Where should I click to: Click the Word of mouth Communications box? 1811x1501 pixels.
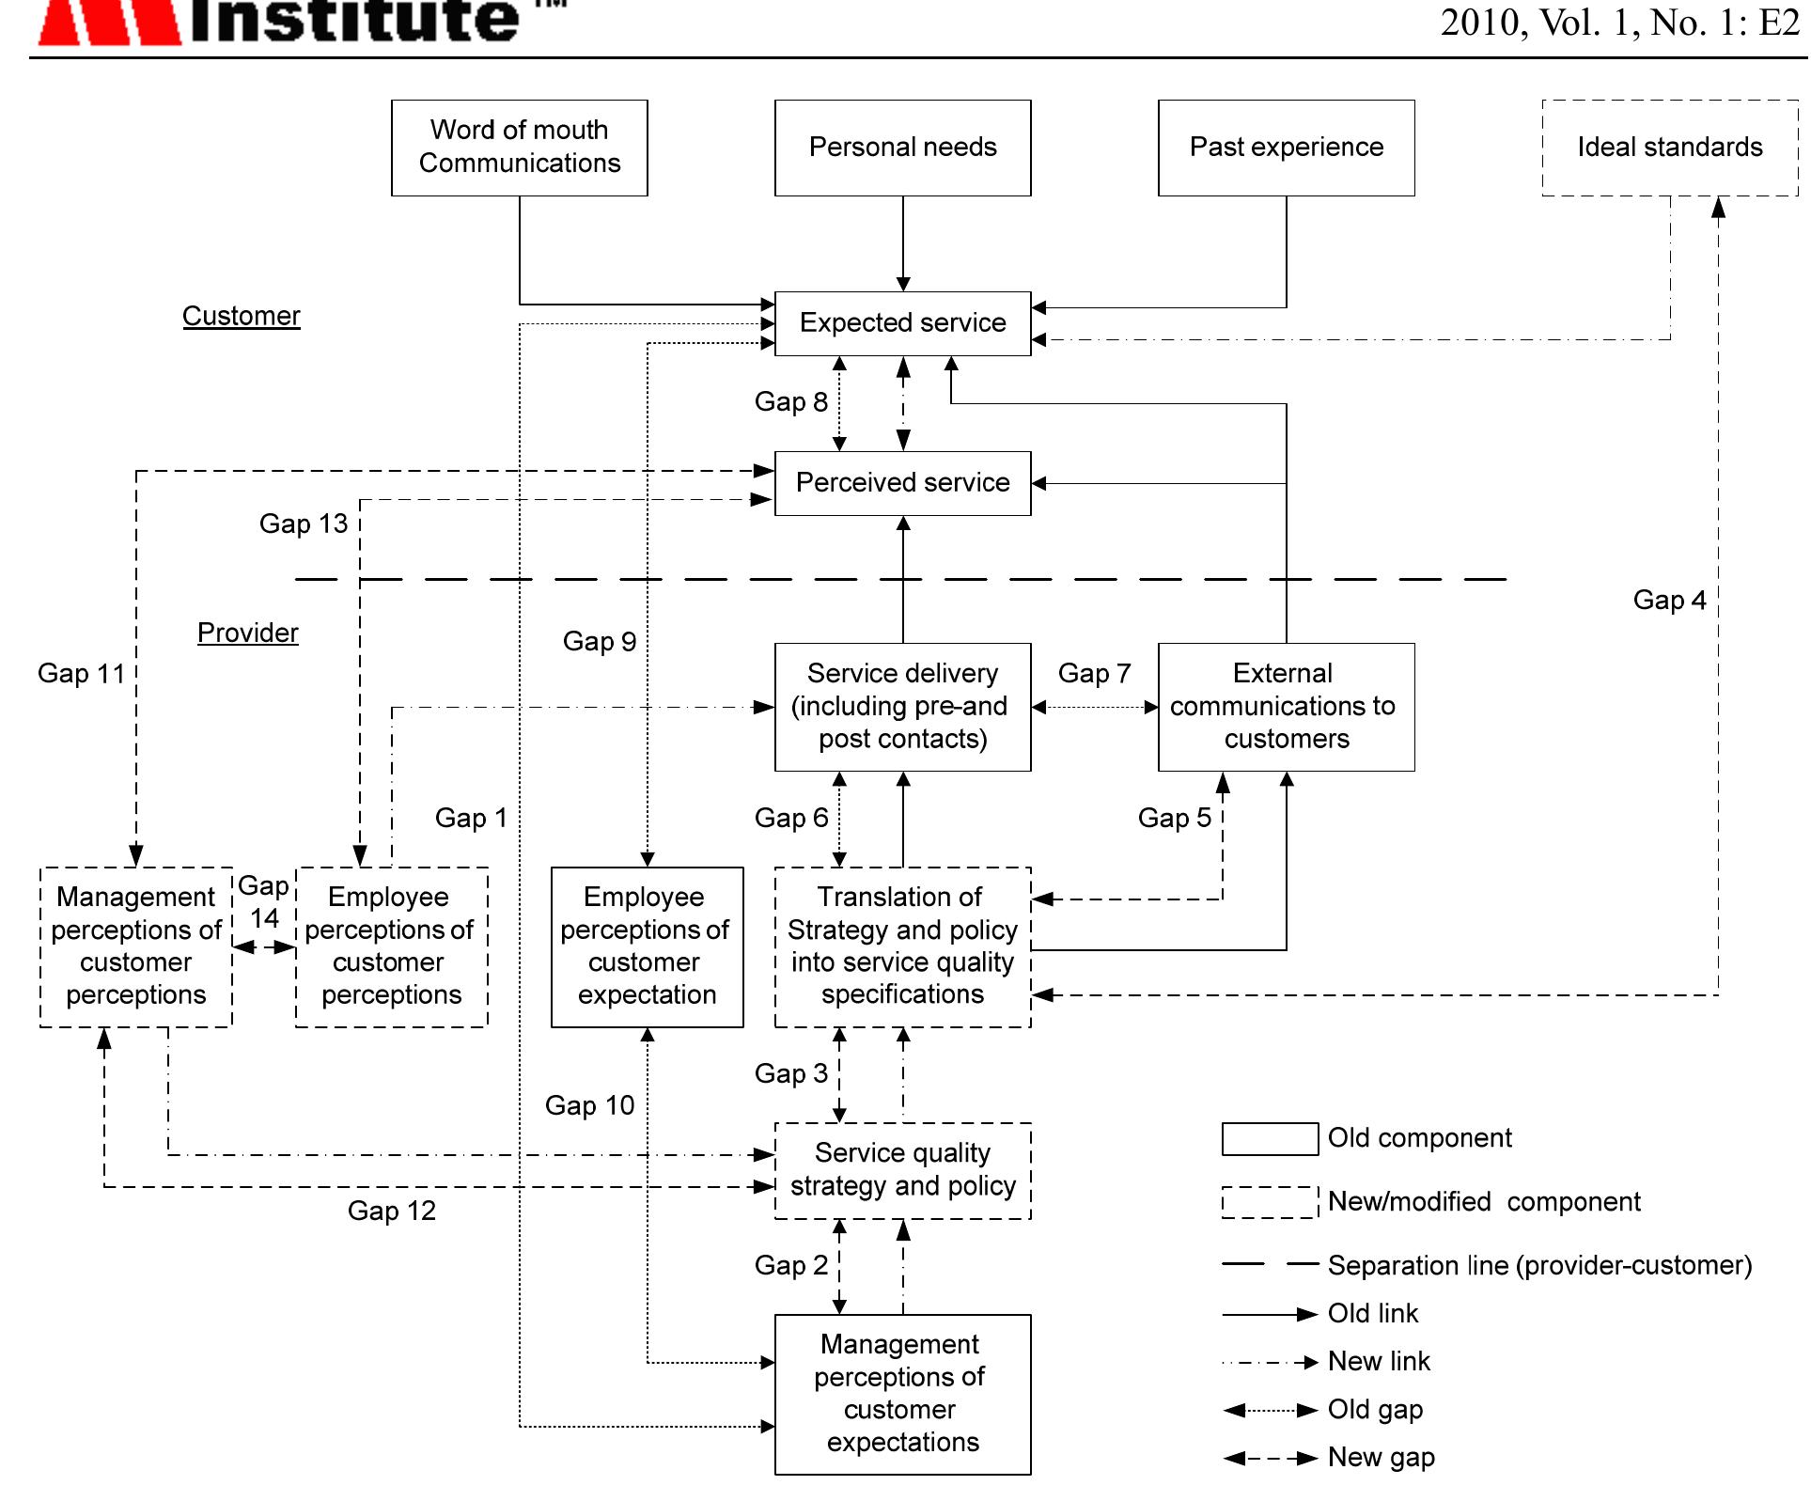click(x=519, y=148)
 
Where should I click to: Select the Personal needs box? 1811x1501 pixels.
click(x=902, y=148)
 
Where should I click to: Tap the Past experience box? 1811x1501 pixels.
click(x=1286, y=148)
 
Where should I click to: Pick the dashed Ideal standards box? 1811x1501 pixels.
click(x=1670, y=148)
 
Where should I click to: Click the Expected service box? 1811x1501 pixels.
click(x=902, y=323)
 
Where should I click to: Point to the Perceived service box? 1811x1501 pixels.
click(x=902, y=483)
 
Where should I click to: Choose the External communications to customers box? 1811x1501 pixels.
click(x=1286, y=707)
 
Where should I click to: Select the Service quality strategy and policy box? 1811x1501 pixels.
click(x=902, y=1170)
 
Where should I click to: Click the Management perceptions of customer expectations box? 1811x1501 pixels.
click(x=902, y=1394)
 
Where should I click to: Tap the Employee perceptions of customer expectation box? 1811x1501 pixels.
click(x=647, y=946)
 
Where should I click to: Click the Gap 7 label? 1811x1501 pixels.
click(x=1094, y=673)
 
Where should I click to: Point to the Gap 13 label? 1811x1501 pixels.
click(x=304, y=524)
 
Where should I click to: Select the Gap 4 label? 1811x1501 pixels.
click(x=1669, y=600)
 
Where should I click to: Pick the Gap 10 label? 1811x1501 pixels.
click(x=589, y=1105)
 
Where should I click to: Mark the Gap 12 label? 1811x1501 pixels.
click(x=392, y=1211)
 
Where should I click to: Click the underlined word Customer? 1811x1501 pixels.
click(x=242, y=316)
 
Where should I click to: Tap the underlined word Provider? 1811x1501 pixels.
click(x=248, y=633)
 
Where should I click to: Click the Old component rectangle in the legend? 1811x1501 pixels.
click(x=1270, y=1138)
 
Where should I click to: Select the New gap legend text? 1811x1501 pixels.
click(x=1381, y=1458)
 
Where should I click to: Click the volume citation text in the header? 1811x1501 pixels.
click(x=1619, y=23)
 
